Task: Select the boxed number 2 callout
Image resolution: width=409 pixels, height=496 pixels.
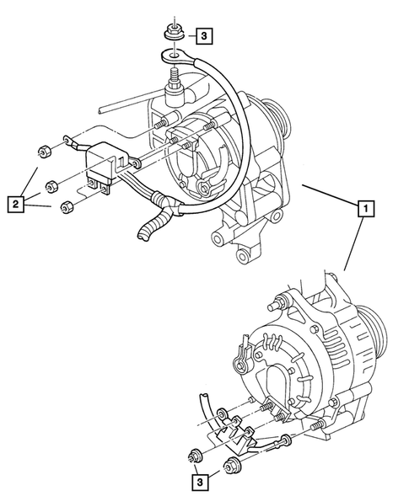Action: point(14,202)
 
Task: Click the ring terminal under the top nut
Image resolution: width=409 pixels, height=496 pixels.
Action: point(171,56)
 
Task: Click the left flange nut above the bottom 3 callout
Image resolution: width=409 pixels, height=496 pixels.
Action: point(194,458)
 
